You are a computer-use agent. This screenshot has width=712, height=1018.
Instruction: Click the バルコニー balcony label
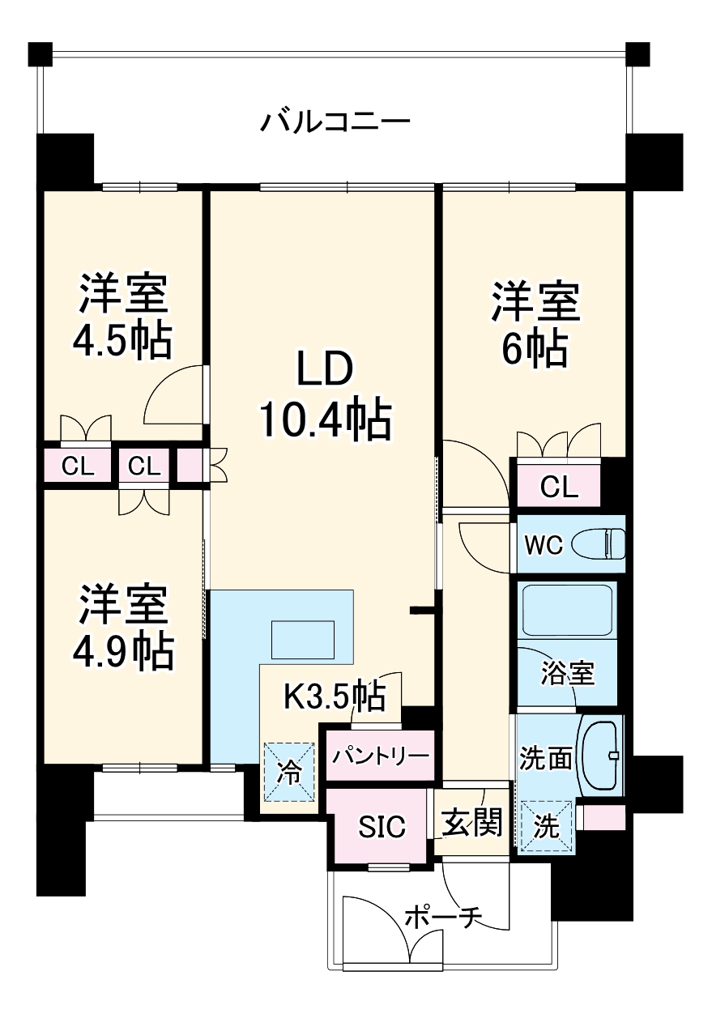click(335, 124)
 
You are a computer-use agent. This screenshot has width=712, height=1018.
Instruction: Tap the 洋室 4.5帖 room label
click(123, 317)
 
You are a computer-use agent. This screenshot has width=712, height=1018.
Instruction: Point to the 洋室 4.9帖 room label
click(123, 627)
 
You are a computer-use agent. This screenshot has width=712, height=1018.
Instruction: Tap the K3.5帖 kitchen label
click(333, 696)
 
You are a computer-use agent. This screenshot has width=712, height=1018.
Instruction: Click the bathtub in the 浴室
click(567, 610)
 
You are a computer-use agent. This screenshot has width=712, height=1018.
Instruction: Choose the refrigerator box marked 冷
click(288, 770)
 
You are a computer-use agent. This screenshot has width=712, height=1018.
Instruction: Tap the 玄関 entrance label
click(471, 823)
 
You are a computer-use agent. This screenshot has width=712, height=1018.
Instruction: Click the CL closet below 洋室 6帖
click(559, 487)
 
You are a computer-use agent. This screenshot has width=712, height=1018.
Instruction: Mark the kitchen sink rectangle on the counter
click(302, 640)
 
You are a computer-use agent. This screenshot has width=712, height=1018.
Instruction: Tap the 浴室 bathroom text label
click(568, 673)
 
